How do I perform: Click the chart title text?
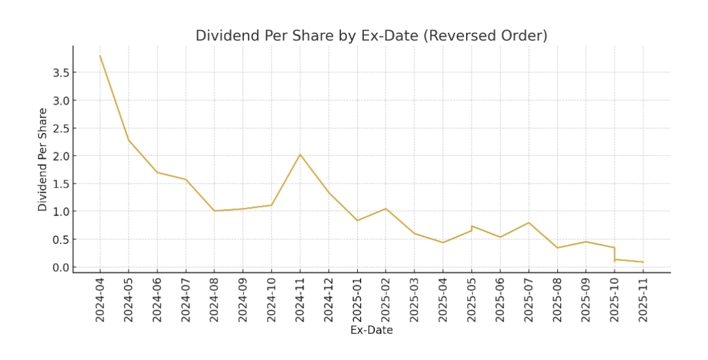coord(371,35)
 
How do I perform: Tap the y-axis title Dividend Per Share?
coord(43,159)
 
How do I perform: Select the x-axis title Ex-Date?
coord(372,330)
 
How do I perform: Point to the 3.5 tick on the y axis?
coord(61,73)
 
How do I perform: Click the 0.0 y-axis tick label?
coord(61,267)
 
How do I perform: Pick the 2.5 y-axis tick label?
coord(61,129)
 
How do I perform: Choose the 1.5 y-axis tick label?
coord(61,184)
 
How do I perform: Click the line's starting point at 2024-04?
coord(100,56)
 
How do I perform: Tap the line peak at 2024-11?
coord(300,154)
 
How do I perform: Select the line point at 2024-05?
coord(128,140)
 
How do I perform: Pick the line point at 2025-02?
coord(385,209)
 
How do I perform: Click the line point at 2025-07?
coord(529,222)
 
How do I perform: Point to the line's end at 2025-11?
coord(643,262)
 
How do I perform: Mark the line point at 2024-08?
coord(214,210)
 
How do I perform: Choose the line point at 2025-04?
coord(443,243)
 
